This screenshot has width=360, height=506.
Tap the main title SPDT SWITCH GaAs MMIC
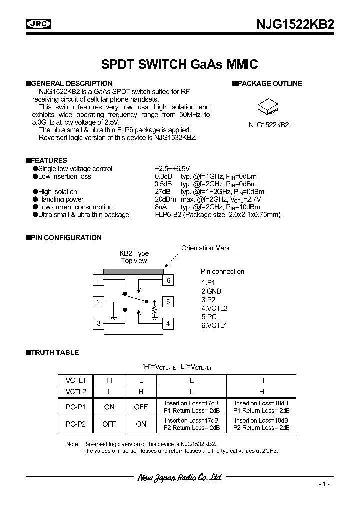point(179,64)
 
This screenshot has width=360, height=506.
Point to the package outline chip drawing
point(269,107)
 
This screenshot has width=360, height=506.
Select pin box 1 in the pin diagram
point(99,280)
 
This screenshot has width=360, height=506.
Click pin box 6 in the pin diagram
point(169,280)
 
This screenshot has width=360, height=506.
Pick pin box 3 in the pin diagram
point(99,323)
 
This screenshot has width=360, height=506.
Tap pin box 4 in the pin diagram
point(169,323)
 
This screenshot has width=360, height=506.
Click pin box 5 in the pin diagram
point(169,302)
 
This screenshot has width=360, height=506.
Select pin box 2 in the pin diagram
point(99,302)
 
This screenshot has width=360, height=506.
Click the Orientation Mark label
point(205,248)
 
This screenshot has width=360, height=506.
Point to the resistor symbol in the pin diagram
point(154,311)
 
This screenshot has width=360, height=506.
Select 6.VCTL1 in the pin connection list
point(214,325)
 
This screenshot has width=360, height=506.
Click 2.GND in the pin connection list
point(211,291)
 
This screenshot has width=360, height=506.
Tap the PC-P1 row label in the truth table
point(76,407)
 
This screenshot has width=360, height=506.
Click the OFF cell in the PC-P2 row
point(109,424)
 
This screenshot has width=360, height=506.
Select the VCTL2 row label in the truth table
point(76,392)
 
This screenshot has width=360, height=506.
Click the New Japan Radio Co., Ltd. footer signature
point(179,478)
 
